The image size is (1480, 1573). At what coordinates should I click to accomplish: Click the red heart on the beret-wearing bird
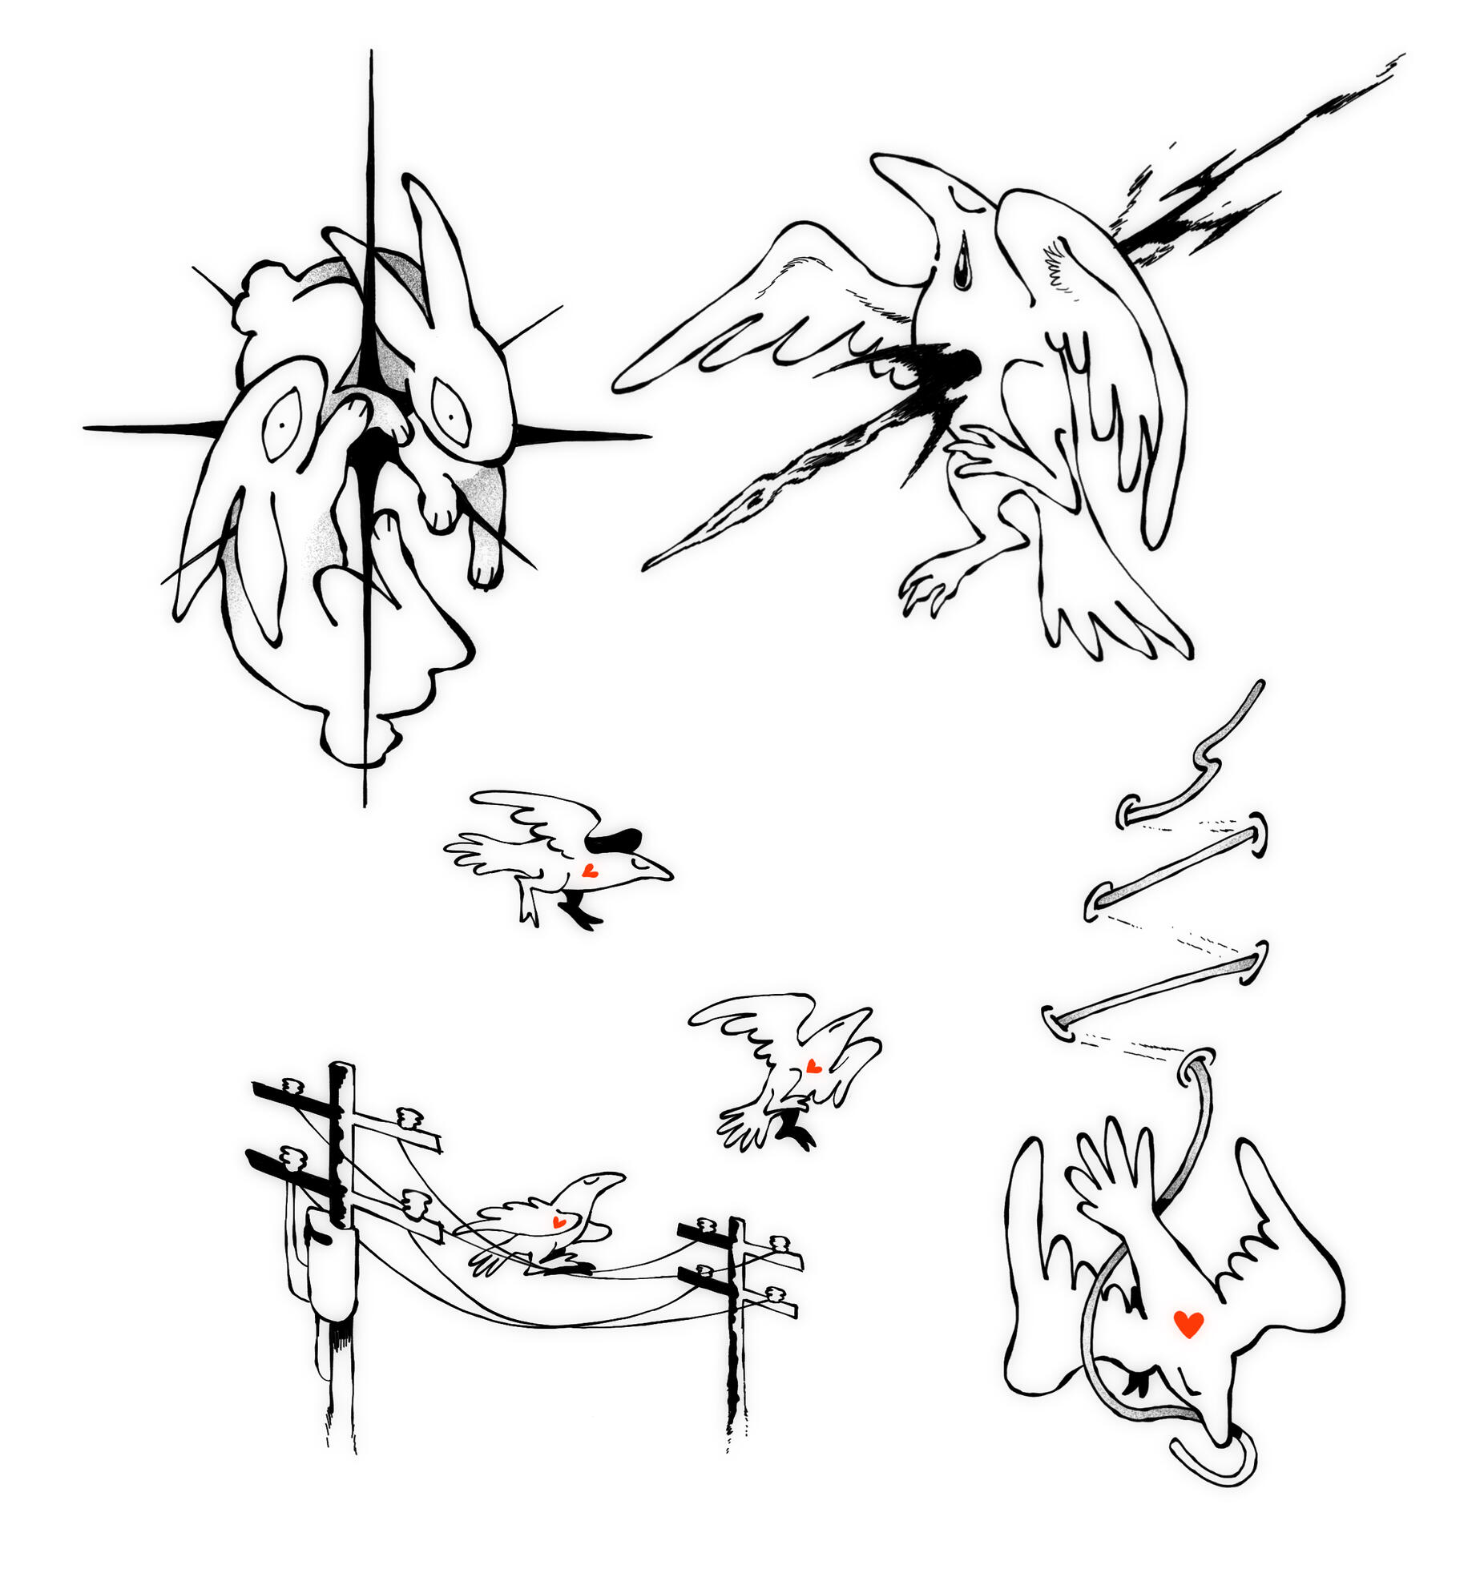(589, 871)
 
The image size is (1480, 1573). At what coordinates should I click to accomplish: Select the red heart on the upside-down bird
(1188, 1324)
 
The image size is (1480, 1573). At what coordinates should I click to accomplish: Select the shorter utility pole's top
(735, 1224)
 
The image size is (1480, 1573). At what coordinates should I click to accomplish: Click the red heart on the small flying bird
(813, 1067)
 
